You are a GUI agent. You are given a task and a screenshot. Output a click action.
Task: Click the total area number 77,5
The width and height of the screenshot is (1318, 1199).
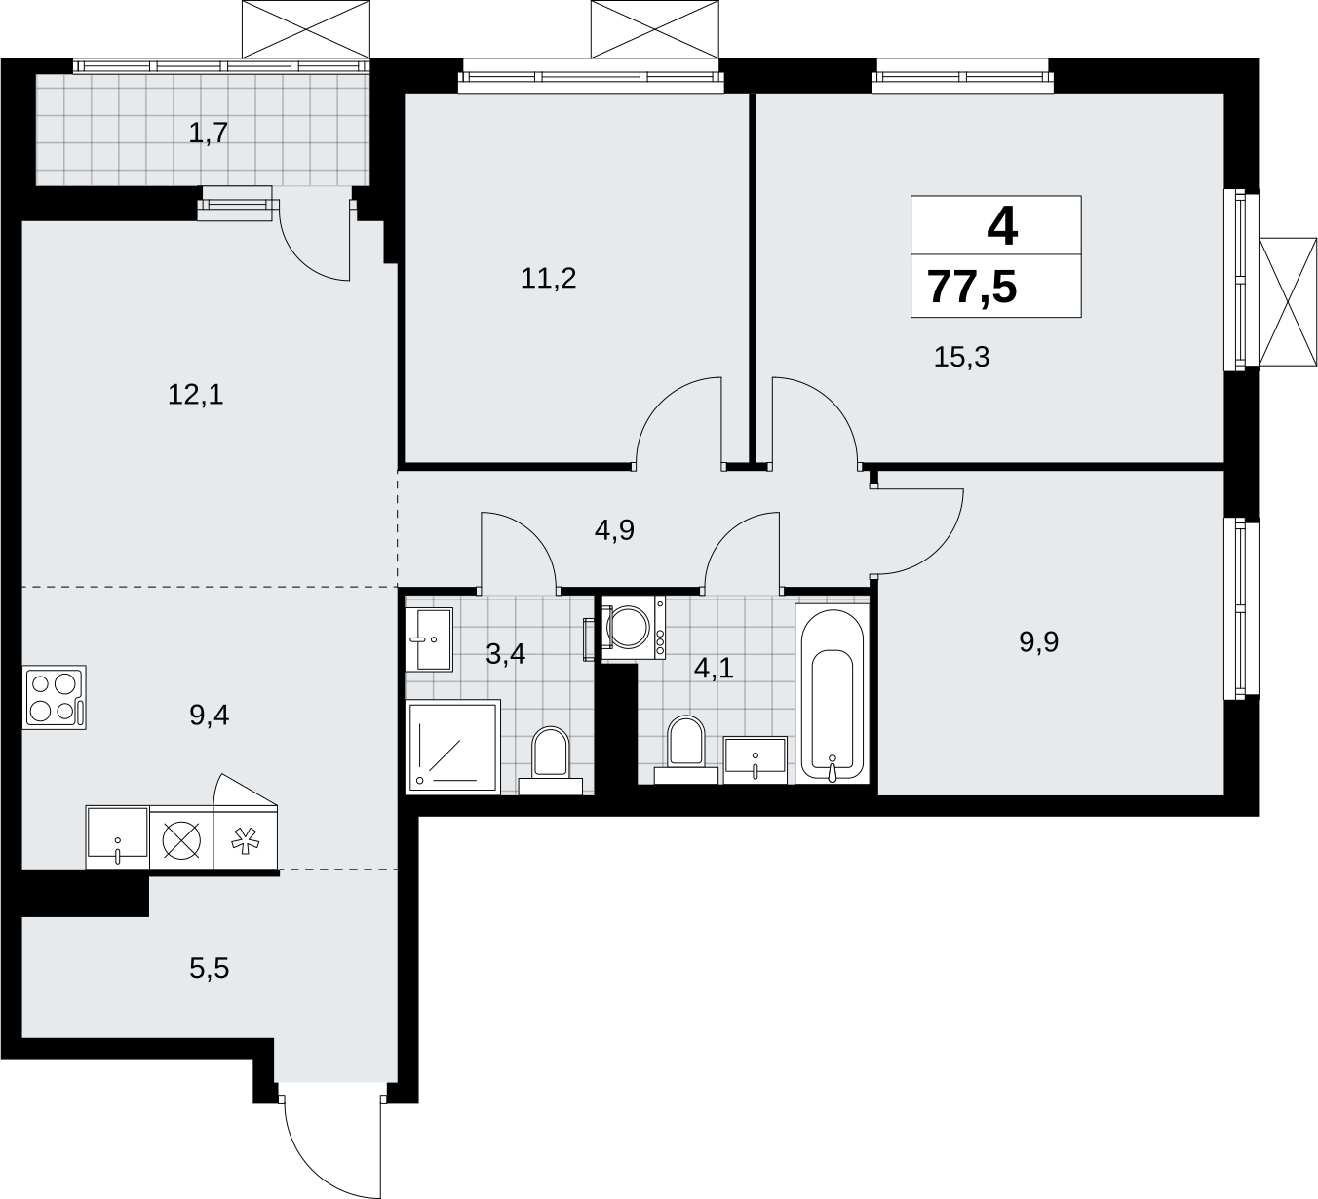click(x=972, y=288)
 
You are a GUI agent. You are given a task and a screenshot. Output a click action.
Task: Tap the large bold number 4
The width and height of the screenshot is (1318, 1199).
click(x=1002, y=227)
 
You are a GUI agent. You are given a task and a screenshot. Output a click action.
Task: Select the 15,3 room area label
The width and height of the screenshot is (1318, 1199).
click(x=961, y=358)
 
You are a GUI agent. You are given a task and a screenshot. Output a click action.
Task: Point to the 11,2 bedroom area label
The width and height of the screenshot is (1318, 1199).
click(x=549, y=279)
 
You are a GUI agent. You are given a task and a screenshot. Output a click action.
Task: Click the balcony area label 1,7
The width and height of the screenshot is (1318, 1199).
click(x=209, y=134)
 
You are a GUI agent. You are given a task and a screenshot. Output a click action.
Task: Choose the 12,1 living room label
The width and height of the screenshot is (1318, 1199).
click(x=196, y=395)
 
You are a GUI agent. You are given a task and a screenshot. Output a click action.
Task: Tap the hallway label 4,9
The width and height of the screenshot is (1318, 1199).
click(x=614, y=530)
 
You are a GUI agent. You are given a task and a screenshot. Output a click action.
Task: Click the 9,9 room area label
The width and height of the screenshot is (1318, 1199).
click(x=1039, y=641)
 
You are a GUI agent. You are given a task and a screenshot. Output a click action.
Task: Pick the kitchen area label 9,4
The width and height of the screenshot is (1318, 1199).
click(x=209, y=715)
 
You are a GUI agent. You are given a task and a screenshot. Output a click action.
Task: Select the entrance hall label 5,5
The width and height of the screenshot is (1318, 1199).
click(x=209, y=968)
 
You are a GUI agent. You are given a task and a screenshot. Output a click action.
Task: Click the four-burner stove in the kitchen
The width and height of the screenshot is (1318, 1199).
click(x=55, y=697)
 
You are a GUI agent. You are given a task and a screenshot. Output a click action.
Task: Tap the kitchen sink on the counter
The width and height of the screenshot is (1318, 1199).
click(x=118, y=837)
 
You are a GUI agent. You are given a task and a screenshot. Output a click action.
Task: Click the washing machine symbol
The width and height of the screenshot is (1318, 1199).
click(x=633, y=628)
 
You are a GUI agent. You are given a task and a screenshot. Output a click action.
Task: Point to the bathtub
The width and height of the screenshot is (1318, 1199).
click(x=833, y=694)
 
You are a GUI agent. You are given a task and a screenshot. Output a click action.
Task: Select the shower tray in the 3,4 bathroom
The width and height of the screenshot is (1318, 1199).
click(x=453, y=747)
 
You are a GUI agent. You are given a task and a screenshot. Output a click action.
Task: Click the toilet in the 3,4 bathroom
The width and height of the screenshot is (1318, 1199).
click(x=551, y=760)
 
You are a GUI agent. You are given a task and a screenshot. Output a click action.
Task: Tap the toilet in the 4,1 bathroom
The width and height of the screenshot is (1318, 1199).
click(x=686, y=750)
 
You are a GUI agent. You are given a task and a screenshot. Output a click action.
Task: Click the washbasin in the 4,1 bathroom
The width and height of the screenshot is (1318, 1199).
click(x=755, y=760)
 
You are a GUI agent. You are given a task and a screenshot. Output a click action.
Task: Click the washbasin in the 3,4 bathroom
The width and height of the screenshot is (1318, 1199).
click(x=429, y=639)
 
